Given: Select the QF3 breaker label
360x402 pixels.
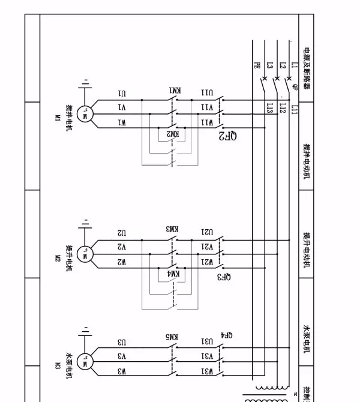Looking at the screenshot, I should [x=223, y=277].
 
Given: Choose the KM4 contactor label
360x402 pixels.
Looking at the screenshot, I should [x=173, y=273].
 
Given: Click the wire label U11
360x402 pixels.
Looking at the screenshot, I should [x=206, y=93].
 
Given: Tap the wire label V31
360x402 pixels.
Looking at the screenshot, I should [x=206, y=356].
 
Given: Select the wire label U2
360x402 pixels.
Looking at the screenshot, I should [x=122, y=232].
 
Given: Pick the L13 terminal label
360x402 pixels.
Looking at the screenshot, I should [x=270, y=108].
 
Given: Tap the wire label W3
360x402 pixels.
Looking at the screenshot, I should [x=122, y=371].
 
